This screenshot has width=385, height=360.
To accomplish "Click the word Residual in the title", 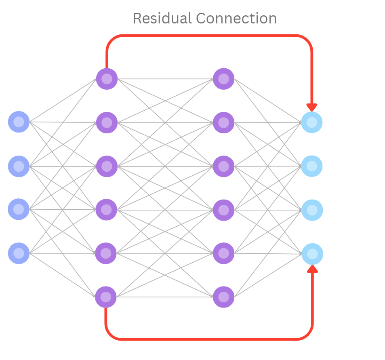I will coord(162,19).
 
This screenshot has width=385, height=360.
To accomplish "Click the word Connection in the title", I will coord(236,19).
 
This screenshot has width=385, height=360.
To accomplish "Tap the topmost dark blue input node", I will coord(19,122).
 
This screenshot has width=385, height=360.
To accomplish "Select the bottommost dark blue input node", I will coord(19,253).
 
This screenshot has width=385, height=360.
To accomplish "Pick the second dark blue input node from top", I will coord(19,166).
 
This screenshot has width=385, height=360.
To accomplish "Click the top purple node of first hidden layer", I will coord(107,79).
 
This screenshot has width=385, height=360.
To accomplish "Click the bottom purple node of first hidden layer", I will coord(106,297).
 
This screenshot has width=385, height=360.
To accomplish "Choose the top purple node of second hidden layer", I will coord(223,79).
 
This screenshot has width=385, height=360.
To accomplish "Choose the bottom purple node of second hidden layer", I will coord(223,297).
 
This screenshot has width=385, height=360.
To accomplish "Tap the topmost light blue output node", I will coord(312,122).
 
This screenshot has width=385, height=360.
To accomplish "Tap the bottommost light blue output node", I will coord(312,254).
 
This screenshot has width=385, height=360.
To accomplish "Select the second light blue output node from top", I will coord(312,166).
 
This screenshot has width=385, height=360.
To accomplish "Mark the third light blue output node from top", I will coord(312,210).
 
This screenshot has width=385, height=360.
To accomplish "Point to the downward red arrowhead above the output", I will coord(312,107).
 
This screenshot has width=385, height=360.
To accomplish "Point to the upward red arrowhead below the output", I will coord(312,269).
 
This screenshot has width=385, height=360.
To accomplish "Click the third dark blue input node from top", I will coord(19,209).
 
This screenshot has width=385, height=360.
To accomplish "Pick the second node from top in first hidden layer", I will coord(107,122).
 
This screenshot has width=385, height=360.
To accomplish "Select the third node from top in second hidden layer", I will coord(223,166).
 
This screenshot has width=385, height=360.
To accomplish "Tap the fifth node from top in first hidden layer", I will coord(106,253).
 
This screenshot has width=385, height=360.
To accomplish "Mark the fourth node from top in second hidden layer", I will coord(223,210).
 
